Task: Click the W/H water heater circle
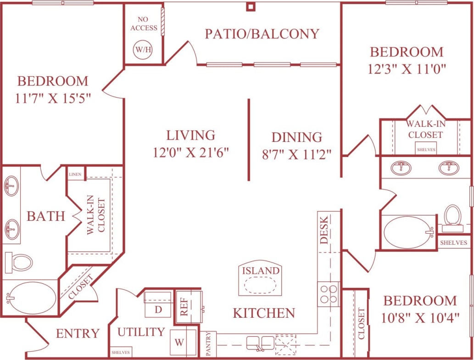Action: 142,49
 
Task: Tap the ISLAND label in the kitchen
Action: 261,270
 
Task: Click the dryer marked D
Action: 158,309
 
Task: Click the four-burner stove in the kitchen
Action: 329,294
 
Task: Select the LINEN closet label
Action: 75,174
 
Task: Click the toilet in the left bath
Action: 19,262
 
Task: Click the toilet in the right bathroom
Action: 452,217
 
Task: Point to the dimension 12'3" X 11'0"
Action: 407,69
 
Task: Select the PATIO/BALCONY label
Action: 262,34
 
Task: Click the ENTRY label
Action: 78,333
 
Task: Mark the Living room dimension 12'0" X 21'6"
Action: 191,152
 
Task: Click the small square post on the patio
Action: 250,6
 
